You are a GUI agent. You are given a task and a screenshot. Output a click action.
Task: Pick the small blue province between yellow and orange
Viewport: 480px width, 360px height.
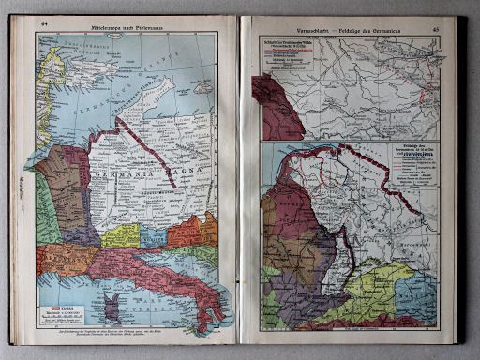click(154, 232)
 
